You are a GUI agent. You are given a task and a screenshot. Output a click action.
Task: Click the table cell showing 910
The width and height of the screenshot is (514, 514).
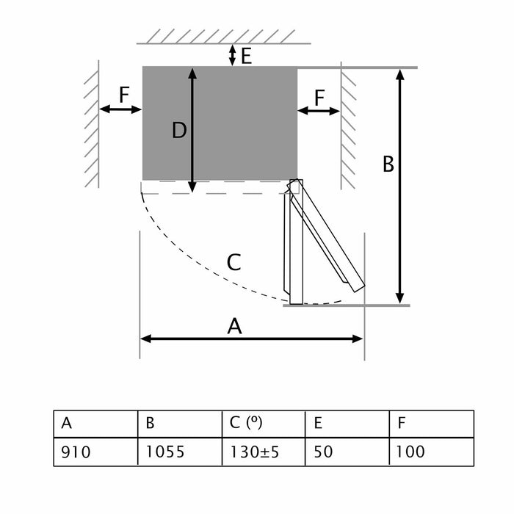[95, 451]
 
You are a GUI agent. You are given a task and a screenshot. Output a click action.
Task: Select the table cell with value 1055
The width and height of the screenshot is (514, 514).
[179, 451]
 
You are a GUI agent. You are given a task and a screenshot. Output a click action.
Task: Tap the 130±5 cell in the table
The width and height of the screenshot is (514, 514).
[263, 451]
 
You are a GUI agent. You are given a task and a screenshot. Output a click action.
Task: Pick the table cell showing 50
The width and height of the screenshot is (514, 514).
[347, 451]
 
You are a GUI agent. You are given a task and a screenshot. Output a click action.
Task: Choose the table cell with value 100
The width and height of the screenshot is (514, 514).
[431, 451]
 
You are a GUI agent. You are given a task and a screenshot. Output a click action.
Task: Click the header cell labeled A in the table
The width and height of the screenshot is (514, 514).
[95, 424]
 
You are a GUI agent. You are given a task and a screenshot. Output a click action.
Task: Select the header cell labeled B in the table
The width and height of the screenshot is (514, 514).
[179, 424]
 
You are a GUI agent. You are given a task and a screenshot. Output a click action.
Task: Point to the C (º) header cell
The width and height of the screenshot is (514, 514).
[263, 424]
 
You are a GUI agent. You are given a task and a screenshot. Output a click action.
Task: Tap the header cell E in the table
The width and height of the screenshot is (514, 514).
[347, 424]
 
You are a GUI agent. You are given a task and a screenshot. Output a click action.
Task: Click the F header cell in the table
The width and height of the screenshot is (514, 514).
[431, 424]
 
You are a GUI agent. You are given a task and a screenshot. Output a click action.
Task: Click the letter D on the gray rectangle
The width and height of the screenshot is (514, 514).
[179, 131]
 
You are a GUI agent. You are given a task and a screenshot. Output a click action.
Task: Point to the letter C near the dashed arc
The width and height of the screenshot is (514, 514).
[234, 262]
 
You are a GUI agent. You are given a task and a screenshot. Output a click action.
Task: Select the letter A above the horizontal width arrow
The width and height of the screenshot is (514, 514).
[234, 326]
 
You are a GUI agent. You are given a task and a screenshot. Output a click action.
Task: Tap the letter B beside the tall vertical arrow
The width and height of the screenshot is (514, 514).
[388, 165]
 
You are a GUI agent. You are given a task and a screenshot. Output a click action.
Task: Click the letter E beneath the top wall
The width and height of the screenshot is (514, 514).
[246, 56]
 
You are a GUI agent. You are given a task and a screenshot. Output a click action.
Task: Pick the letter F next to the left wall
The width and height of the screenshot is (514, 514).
[123, 95]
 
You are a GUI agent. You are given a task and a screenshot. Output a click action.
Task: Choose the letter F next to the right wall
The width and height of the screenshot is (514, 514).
[319, 96]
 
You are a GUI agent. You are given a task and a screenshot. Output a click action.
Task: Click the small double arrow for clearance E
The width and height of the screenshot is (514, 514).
[233, 54]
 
